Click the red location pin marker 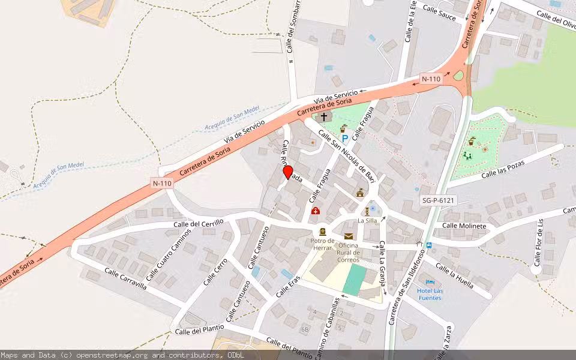[288, 172]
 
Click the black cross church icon [324, 117]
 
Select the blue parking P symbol [345, 139]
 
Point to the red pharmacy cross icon [316, 211]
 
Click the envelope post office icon [349, 236]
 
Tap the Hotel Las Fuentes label [430, 294]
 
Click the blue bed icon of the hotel [430, 282]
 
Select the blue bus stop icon [428, 245]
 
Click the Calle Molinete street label [464, 226]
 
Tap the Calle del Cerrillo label [198, 223]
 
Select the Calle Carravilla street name [125, 278]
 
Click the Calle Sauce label [439, 12]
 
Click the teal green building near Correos [354, 279]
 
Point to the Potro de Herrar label [323, 244]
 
